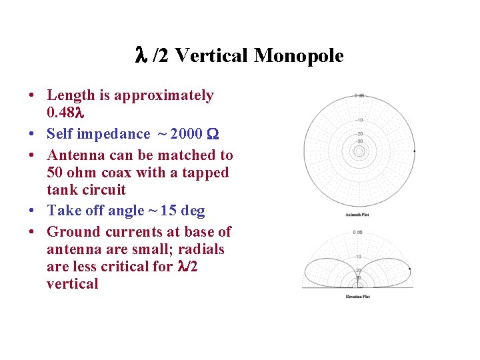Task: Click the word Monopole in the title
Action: pos(299,56)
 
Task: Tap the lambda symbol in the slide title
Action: pos(141,56)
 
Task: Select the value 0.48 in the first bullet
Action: pos(63,113)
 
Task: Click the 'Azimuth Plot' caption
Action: pos(359,215)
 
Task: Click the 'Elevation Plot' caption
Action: pos(359,296)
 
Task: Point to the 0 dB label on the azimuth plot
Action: pos(359,95)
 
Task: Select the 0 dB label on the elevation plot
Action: pos(359,232)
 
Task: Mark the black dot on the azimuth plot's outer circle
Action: pos(414,151)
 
